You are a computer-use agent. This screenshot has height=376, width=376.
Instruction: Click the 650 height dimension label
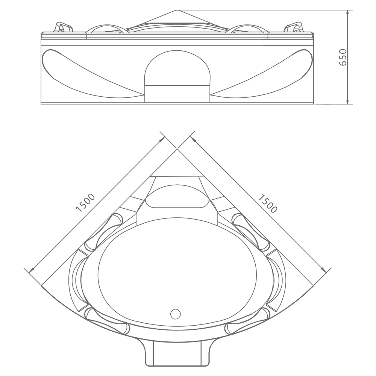click(343, 57)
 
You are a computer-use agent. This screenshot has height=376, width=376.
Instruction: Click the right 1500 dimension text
click(268, 203)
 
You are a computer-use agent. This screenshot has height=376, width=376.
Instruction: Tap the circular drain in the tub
click(176, 313)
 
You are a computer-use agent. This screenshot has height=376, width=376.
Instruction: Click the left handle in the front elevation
click(63, 28)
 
